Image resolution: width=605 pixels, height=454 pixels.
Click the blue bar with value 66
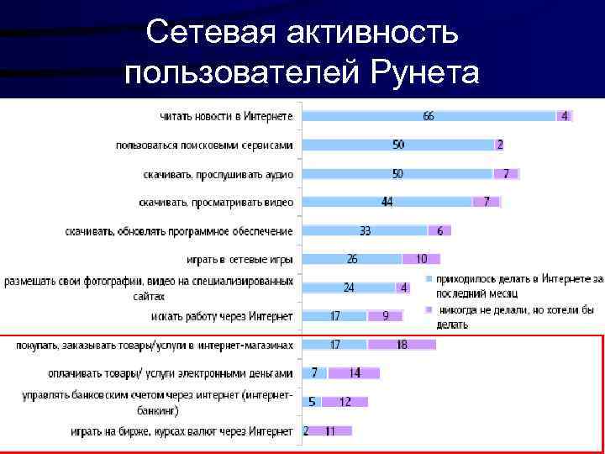pos(429,116)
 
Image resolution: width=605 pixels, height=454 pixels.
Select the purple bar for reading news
pos(564,116)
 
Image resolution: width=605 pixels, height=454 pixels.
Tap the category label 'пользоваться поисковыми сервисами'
pos(204,145)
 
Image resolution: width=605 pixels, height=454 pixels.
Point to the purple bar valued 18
pos(401,345)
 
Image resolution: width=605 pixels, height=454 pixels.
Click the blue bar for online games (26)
pos(351,259)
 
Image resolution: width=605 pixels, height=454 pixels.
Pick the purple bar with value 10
pos(420,259)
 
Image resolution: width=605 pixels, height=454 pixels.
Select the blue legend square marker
pos(429,278)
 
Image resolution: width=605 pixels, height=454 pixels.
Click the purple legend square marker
pos(429,309)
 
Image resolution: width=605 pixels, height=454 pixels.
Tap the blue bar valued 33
pos(364,230)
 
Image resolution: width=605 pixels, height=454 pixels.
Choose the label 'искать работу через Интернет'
pos(223,316)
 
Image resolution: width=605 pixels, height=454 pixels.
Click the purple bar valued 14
pos(330,372)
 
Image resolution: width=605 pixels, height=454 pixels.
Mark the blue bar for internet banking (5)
pos(311,402)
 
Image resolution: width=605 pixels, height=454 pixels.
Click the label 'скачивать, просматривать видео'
pos(216,202)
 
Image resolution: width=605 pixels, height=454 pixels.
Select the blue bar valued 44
pos(386,202)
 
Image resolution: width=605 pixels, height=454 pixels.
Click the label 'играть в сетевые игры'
pos(239,259)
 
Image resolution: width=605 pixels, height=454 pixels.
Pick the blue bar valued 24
pos(348,288)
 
